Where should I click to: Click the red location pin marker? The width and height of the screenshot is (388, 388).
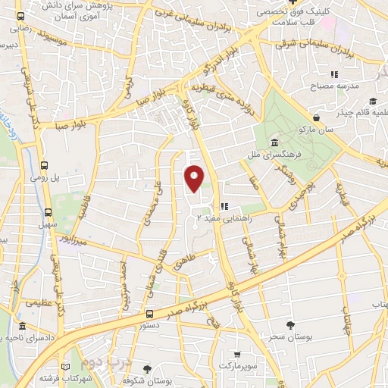click(195, 177)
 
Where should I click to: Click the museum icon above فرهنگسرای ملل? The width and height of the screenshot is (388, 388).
click(273, 143)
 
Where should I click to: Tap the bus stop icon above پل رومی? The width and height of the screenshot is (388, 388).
click(45, 164)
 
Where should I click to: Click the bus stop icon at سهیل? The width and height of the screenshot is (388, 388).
click(48, 213)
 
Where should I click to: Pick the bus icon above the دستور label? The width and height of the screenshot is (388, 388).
click(149, 313)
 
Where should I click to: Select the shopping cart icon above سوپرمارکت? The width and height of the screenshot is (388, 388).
click(238, 354)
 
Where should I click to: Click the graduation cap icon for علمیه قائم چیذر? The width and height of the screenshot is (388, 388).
click(372, 101)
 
